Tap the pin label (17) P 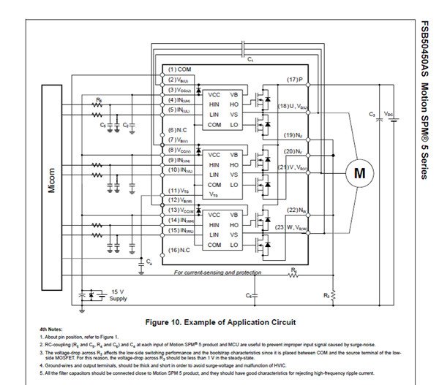pyautogui.click(x=293, y=78)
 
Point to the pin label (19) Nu pyautogui.click(x=293, y=134)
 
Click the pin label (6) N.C pyautogui.click(x=176, y=129)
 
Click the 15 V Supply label pyautogui.click(x=118, y=294)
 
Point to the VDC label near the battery pyautogui.click(x=389, y=115)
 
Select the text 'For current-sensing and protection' pyautogui.click(x=217, y=272)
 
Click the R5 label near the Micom pyautogui.click(x=99, y=97)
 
